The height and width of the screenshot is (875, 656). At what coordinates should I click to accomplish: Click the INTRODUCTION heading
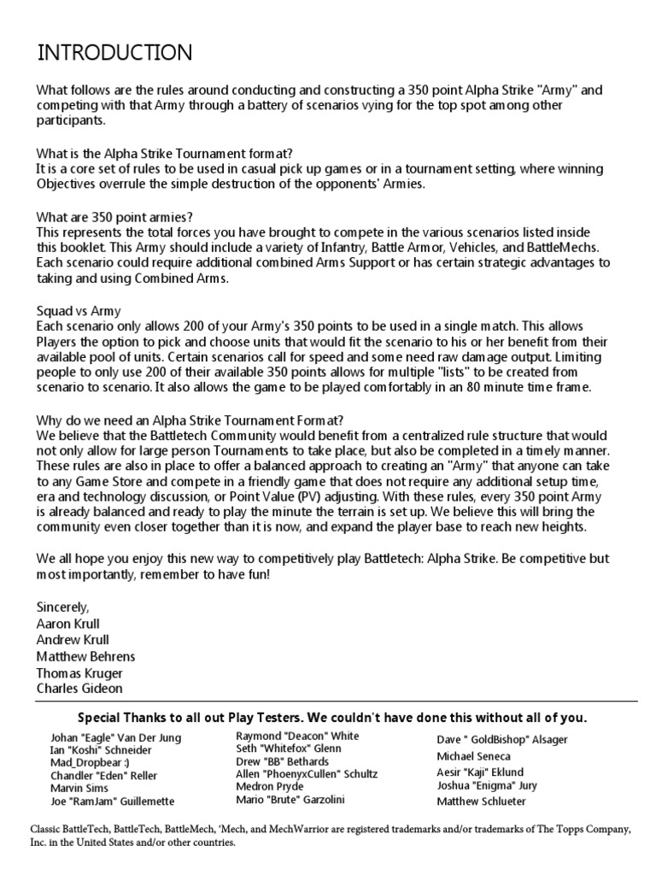pyautogui.click(x=114, y=53)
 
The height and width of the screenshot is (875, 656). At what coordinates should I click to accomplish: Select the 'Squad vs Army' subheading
pyautogui.click(x=79, y=312)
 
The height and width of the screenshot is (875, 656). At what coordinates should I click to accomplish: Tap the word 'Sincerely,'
pyautogui.click(x=62, y=607)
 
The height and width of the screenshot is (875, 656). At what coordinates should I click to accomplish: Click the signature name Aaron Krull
pyautogui.click(x=68, y=624)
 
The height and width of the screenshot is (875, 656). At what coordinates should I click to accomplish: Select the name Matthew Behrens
pyautogui.click(x=85, y=656)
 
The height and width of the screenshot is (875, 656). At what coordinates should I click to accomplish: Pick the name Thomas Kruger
pyautogui.click(x=79, y=673)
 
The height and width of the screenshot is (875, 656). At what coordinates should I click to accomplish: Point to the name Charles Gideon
pyautogui.click(x=79, y=689)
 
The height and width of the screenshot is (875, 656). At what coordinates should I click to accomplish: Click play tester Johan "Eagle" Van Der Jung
pyautogui.click(x=116, y=738)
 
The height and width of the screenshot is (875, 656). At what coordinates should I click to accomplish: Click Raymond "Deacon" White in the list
pyautogui.click(x=297, y=736)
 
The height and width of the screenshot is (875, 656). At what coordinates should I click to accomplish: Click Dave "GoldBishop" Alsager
pyautogui.click(x=502, y=740)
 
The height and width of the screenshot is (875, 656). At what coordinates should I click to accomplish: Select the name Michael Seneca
pyautogui.click(x=474, y=757)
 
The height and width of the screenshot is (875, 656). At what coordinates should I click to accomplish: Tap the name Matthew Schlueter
pyautogui.click(x=482, y=802)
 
